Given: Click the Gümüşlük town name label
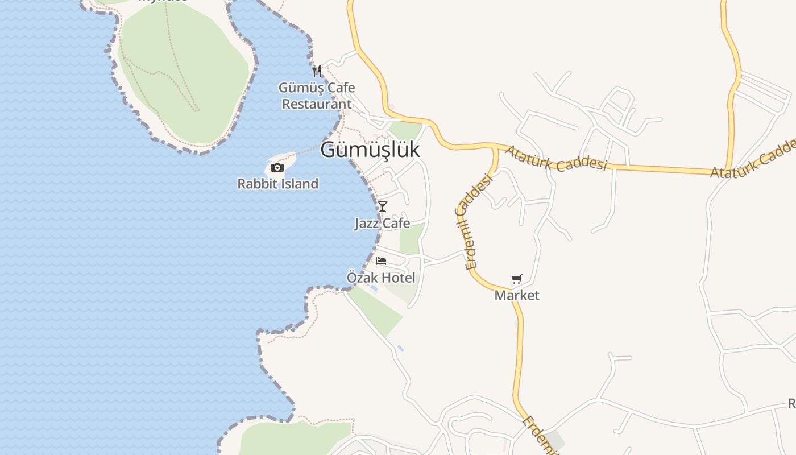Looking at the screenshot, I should [x=370, y=150].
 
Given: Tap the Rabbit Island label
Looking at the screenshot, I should [x=277, y=184].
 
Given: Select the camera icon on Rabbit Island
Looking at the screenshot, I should [x=277, y=167].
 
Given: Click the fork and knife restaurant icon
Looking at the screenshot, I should [x=317, y=71].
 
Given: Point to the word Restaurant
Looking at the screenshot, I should [x=317, y=104].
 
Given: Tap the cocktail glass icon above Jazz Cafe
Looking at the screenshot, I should [x=383, y=206].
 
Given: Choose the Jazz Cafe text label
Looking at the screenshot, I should [x=382, y=223].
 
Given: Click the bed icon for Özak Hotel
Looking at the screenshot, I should [x=381, y=261].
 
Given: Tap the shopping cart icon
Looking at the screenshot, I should [x=516, y=279].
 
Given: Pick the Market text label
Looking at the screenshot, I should [x=517, y=295].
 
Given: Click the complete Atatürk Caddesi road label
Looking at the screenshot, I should [x=556, y=159].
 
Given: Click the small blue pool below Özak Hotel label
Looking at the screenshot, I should [x=374, y=289].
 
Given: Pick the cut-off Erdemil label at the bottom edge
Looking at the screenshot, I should [x=539, y=435].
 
